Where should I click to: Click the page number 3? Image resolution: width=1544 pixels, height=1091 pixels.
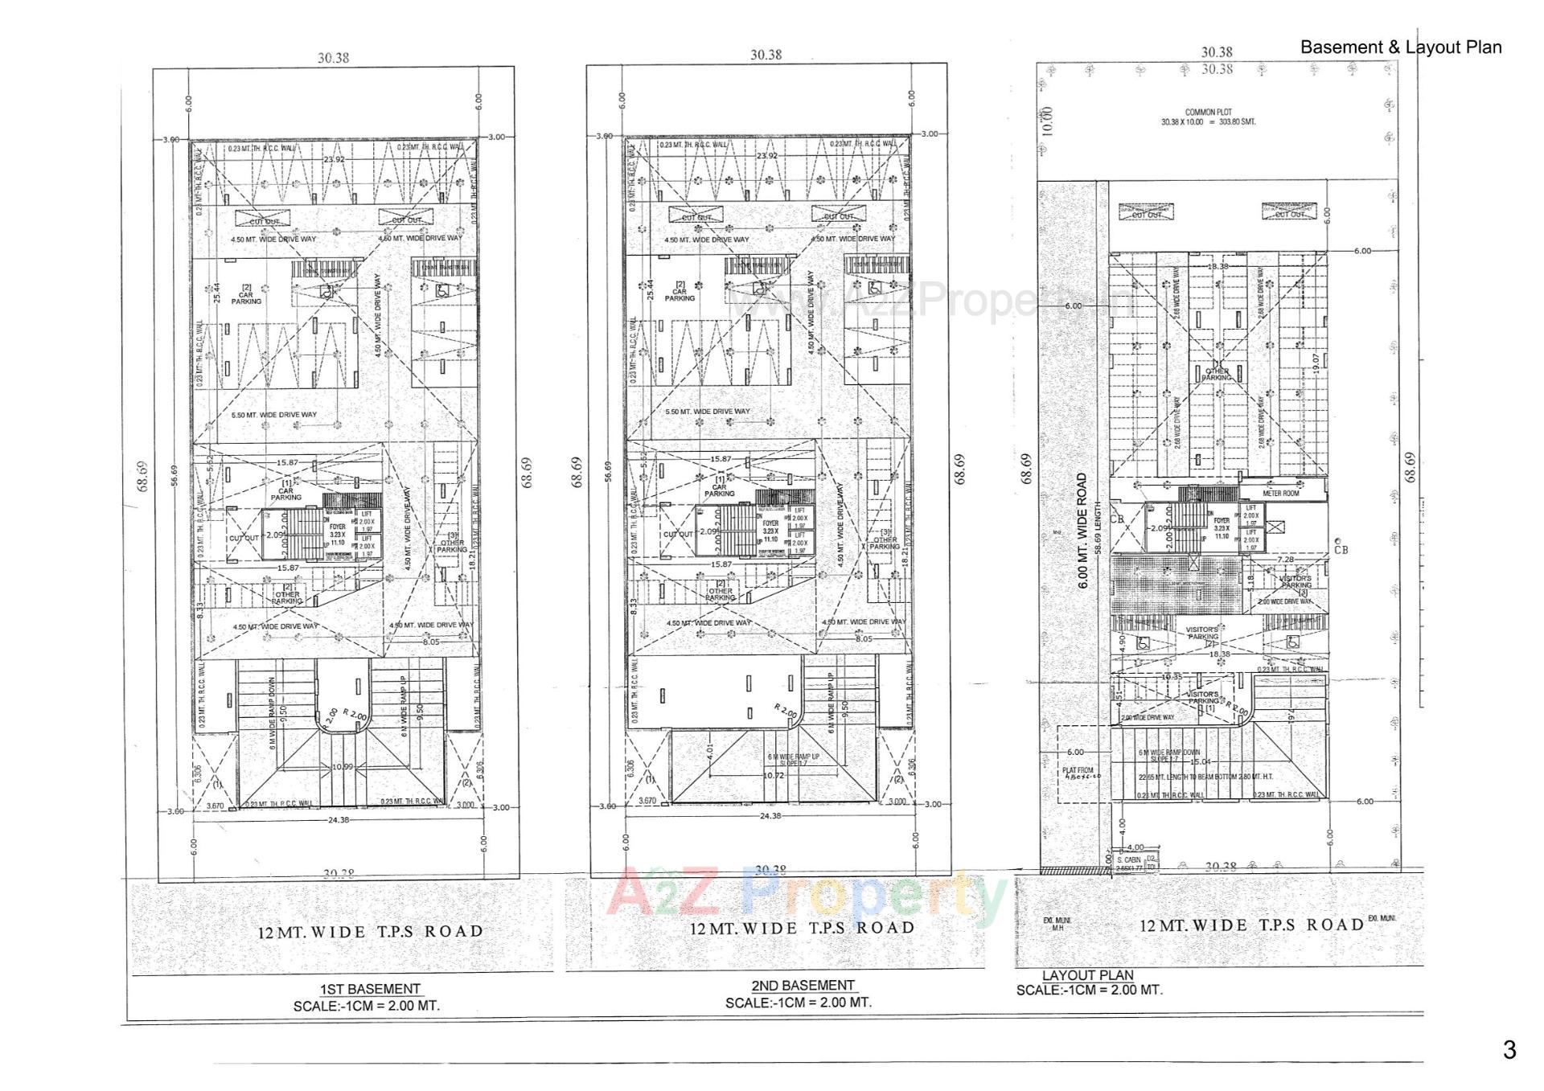pyautogui.click(x=1509, y=1049)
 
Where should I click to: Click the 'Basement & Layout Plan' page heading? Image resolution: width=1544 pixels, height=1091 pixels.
pyautogui.click(x=1401, y=47)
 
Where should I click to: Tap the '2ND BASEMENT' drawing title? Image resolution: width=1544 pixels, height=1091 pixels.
pyautogui.click(x=803, y=986)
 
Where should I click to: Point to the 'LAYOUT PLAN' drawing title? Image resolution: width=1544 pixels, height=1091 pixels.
pyautogui.click(x=1087, y=975)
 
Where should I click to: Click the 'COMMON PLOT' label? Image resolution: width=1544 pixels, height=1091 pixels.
pyautogui.click(x=1208, y=113)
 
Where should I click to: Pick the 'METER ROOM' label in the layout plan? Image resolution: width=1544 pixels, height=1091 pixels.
pyautogui.click(x=1280, y=493)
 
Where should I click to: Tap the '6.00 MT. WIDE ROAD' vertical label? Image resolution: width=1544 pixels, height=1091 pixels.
pyautogui.click(x=1082, y=531)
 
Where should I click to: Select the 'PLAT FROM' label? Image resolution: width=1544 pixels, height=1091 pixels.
pyautogui.click(x=1078, y=770)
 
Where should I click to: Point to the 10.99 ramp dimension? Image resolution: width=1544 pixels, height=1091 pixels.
pyautogui.click(x=343, y=767)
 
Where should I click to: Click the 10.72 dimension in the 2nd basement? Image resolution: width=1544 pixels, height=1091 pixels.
pyautogui.click(x=773, y=776)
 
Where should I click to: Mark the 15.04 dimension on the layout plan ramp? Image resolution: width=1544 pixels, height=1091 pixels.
pyautogui.click(x=1200, y=761)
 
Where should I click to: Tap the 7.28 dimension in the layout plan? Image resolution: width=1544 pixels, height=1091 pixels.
pyautogui.click(x=1285, y=560)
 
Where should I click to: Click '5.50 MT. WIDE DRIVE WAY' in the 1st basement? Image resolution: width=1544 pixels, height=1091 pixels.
pyautogui.click(x=273, y=415)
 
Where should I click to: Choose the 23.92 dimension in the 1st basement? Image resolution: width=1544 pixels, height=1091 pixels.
pyautogui.click(x=334, y=160)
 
